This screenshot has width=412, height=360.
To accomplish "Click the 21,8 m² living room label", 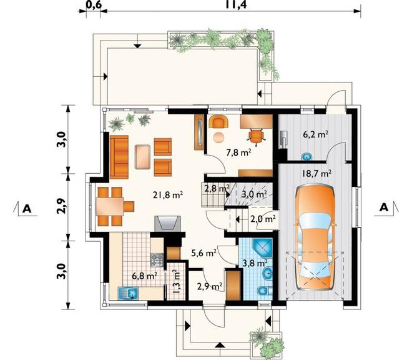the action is [x=168, y=195].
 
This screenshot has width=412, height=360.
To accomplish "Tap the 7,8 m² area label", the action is [x=238, y=152].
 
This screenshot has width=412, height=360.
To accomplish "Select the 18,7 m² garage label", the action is [x=316, y=174].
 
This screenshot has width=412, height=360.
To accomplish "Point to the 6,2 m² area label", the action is [x=316, y=135].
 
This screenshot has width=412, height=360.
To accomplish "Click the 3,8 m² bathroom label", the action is [x=255, y=263].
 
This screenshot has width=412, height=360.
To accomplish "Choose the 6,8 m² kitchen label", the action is [x=145, y=276].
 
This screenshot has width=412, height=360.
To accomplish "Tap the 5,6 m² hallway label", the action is [x=204, y=253].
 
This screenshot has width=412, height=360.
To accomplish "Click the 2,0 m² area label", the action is [x=263, y=219].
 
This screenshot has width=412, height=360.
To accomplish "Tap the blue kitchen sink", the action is [x=129, y=293].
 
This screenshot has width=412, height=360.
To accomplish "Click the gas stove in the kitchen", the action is [x=157, y=260].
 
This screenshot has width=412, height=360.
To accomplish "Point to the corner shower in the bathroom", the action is [x=262, y=247].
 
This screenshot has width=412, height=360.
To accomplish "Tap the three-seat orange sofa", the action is [x=119, y=157].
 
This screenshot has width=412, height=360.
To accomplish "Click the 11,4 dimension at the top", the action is [x=236, y=4].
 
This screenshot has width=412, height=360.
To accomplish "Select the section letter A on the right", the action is [x=384, y=208].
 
